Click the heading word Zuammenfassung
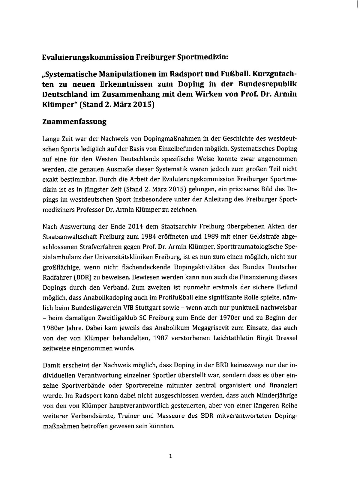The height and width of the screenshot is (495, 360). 74,122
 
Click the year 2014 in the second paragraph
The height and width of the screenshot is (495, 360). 135,226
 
